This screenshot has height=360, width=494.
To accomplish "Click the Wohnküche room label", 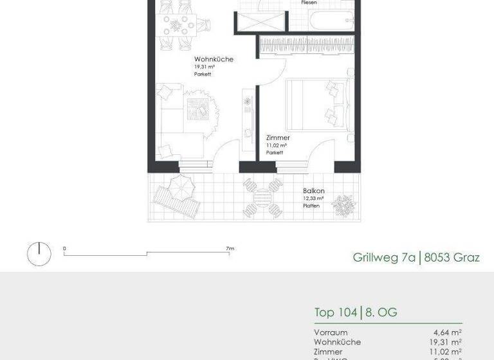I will tap(214, 59).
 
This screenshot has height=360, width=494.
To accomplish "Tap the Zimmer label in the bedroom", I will tap(278, 138).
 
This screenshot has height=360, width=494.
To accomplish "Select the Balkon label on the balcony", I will tap(314, 191).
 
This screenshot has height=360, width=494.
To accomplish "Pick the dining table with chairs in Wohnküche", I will tap(179, 24).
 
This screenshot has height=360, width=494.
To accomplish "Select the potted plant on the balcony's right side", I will tap(344, 205).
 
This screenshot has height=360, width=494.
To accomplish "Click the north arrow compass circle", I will tap(39, 253).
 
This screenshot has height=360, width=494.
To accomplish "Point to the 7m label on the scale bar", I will tap(230, 248).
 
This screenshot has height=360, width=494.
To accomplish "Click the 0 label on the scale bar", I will tap(64, 248).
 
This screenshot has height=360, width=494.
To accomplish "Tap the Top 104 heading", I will tap(336, 313).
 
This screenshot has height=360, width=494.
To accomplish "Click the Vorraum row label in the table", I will tap(331, 332).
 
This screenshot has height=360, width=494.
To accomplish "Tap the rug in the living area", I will tap(199, 105).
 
